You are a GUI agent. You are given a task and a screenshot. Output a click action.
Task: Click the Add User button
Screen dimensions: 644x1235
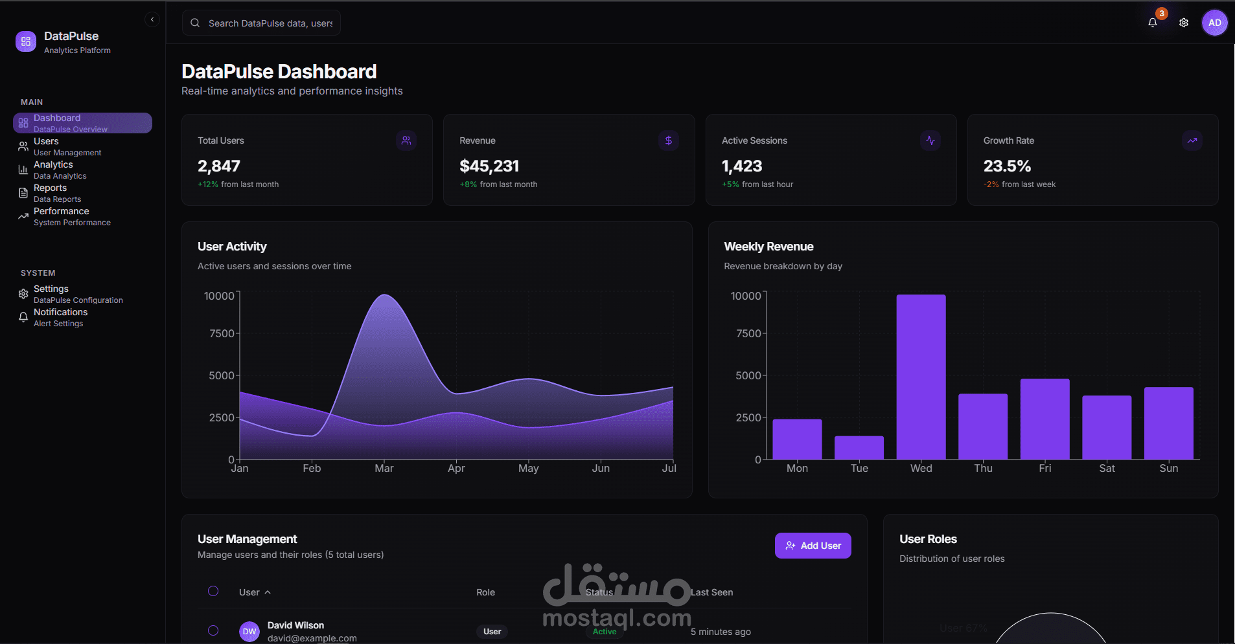click(813, 546)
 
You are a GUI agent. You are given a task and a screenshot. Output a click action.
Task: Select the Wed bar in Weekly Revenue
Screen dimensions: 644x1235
click(921, 377)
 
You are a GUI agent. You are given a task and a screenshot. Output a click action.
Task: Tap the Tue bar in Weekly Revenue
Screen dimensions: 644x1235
click(859, 448)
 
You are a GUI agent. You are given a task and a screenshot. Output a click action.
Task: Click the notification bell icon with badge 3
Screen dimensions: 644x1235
click(1153, 23)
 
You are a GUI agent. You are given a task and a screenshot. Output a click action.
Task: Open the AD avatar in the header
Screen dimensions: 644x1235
click(1214, 23)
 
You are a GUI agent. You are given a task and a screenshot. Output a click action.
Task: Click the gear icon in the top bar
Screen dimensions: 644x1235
click(1184, 23)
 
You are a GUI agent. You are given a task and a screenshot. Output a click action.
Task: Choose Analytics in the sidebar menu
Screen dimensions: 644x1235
click(53, 170)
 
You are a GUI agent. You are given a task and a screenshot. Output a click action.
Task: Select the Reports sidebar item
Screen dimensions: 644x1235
click(51, 193)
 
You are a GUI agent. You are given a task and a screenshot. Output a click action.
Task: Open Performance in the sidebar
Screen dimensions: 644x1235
click(62, 216)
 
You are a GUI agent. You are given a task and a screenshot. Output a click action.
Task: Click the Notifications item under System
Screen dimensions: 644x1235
click(60, 317)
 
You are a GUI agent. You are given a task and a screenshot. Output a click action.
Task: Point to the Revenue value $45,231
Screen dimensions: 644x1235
click(489, 166)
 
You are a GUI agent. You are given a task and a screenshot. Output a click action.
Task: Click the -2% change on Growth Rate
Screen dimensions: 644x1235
click(991, 184)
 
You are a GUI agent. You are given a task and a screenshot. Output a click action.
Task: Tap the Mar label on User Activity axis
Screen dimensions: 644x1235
click(384, 468)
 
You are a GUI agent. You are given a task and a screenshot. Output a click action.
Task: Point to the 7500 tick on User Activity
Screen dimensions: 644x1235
click(222, 333)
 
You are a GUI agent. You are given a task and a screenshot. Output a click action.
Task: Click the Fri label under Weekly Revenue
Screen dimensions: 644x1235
click(1045, 468)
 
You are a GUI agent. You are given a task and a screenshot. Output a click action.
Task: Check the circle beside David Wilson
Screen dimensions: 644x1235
click(213, 630)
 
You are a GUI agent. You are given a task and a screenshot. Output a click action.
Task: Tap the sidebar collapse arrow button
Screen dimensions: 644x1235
click(152, 19)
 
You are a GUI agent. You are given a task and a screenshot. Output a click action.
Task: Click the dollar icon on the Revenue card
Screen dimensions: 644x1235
click(668, 140)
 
